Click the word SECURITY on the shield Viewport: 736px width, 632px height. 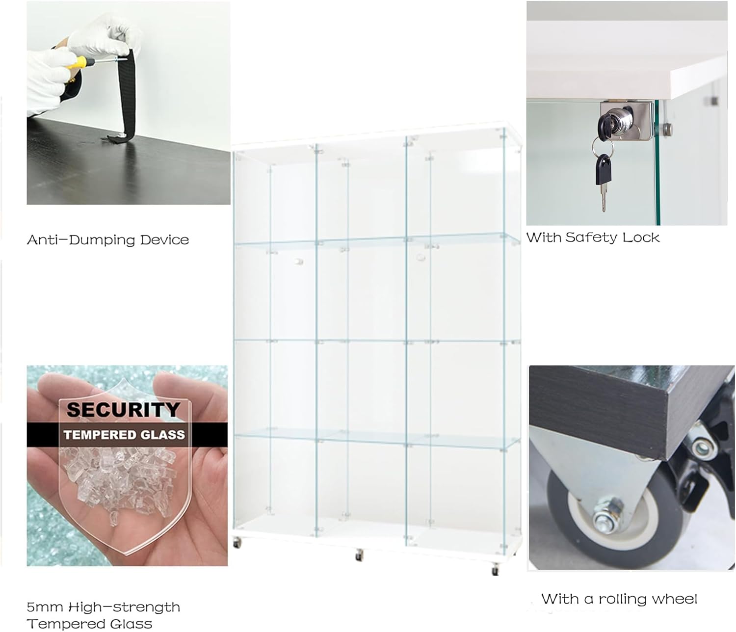coord(123,409)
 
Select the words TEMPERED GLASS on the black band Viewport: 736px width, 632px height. coord(124,435)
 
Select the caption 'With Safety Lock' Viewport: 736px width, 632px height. coord(593,237)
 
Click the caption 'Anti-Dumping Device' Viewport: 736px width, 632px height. coord(108,240)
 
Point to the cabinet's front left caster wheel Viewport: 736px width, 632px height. coord(237,543)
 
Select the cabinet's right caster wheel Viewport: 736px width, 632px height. coord(495,570)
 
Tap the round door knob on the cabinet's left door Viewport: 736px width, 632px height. coord(298,262)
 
